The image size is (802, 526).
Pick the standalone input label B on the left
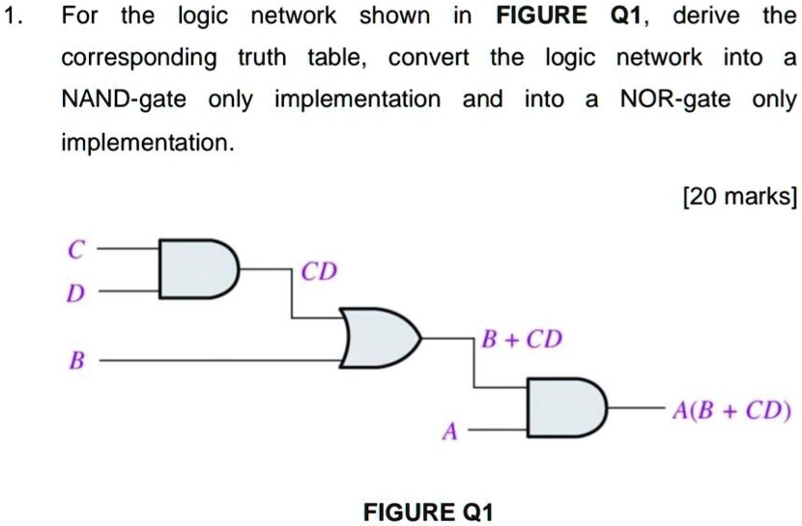point(72,362)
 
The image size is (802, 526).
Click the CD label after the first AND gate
point(319,272)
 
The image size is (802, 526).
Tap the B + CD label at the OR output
point(521,341)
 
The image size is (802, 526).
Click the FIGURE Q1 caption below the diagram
point(428,512)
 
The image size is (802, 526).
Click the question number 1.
point(12,16)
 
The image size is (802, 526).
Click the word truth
point(262,58)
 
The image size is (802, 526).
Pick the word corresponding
point(139,59)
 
